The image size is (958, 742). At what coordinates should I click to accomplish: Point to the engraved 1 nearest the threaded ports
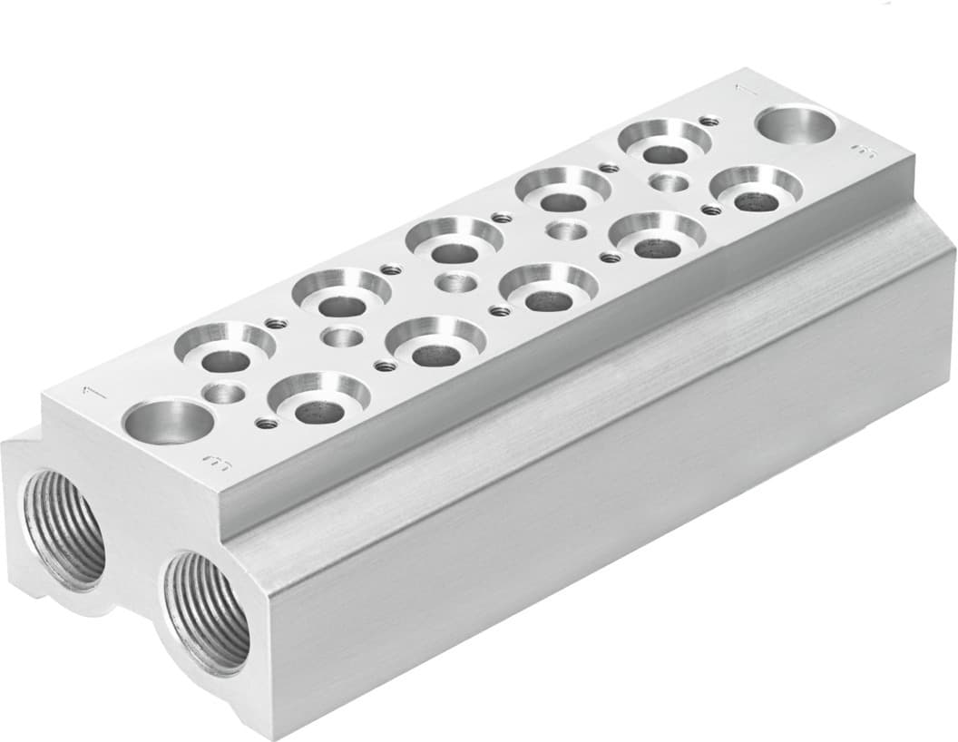(89, 391)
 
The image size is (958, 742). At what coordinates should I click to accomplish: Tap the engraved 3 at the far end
(861, 152)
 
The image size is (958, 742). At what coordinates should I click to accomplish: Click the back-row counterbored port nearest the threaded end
(226, 349)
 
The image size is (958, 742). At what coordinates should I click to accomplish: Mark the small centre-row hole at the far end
(669, 182)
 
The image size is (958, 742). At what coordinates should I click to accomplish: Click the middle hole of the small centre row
(455, 283)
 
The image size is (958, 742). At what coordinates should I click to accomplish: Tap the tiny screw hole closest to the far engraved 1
(709, 121)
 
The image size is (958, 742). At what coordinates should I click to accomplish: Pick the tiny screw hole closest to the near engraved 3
(266, 423)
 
